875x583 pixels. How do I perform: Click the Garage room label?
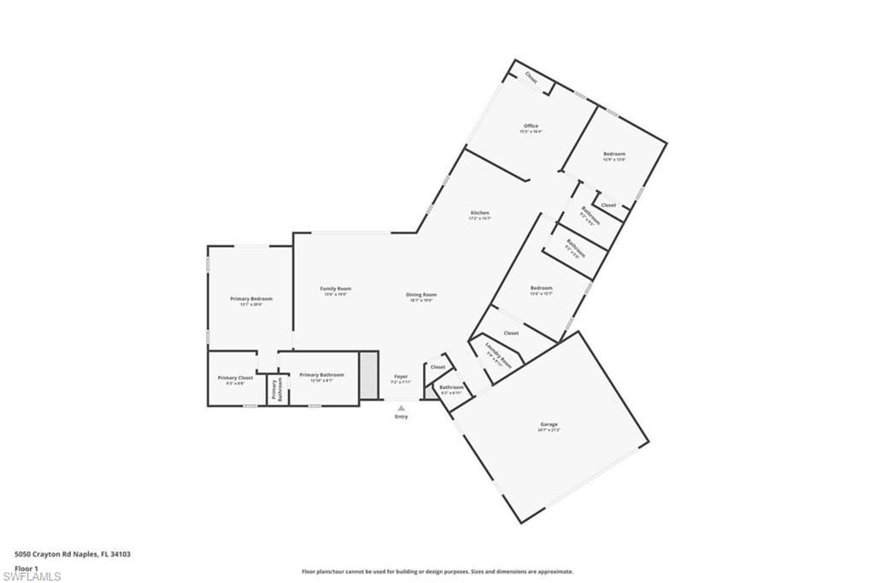[549, 424]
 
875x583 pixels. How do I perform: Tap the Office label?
[531, 127]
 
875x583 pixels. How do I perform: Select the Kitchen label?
[479, 213]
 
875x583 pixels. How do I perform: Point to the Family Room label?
[336, 289]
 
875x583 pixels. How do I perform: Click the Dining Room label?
[421, 295]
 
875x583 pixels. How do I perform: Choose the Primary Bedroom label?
[251, 298]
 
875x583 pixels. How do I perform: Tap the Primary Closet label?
[235, 378]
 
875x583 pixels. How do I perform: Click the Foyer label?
[401, 376]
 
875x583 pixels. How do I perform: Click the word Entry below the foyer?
[401, 416]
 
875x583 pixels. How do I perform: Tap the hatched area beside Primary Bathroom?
[368, 374]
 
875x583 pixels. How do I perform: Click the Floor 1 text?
[26, 568]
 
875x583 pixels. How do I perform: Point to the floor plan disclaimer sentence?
[437, 571]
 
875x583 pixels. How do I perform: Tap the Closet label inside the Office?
[531, 79]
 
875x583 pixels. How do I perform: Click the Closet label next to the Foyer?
[437, 367]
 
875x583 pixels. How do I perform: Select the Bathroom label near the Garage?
[451, 387]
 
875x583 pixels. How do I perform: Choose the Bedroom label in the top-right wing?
[614, 154]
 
